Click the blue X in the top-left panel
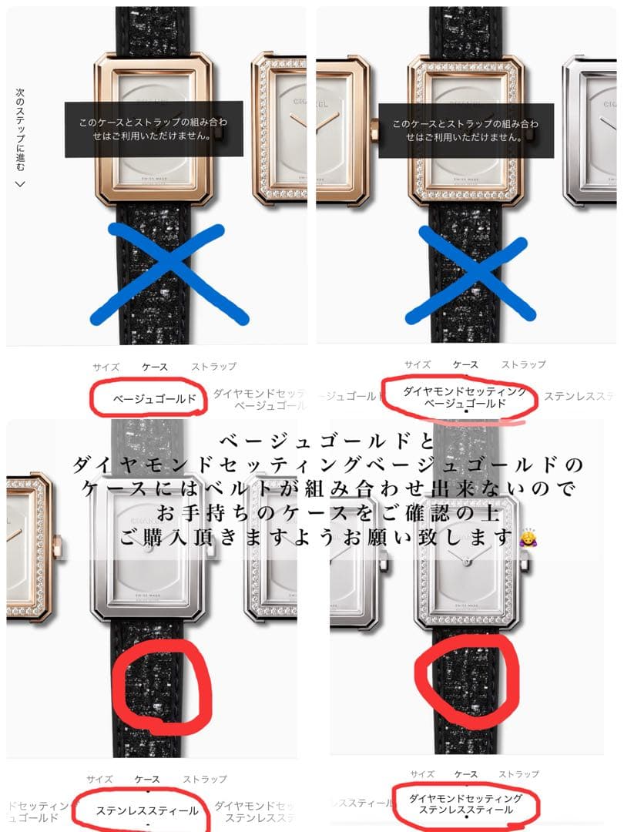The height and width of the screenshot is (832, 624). click(169, 273)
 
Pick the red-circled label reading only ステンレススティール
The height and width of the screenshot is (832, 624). click(146, 810)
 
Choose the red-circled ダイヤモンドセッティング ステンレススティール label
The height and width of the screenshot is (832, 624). click(465, 804)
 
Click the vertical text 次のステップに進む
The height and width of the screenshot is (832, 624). click(21, 129)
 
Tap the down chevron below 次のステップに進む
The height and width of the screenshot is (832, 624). click(21, 183)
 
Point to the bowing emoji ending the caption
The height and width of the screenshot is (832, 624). click(529, 535)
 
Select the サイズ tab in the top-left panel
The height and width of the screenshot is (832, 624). click(106, 367)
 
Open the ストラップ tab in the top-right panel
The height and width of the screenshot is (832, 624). click(523, 364)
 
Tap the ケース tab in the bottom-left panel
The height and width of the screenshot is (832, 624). click(146, 780)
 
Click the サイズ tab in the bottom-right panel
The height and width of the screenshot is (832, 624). click(423, 774)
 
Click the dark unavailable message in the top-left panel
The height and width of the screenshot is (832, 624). click(148, 129)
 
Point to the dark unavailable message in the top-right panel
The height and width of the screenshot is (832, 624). click(465, 130)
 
